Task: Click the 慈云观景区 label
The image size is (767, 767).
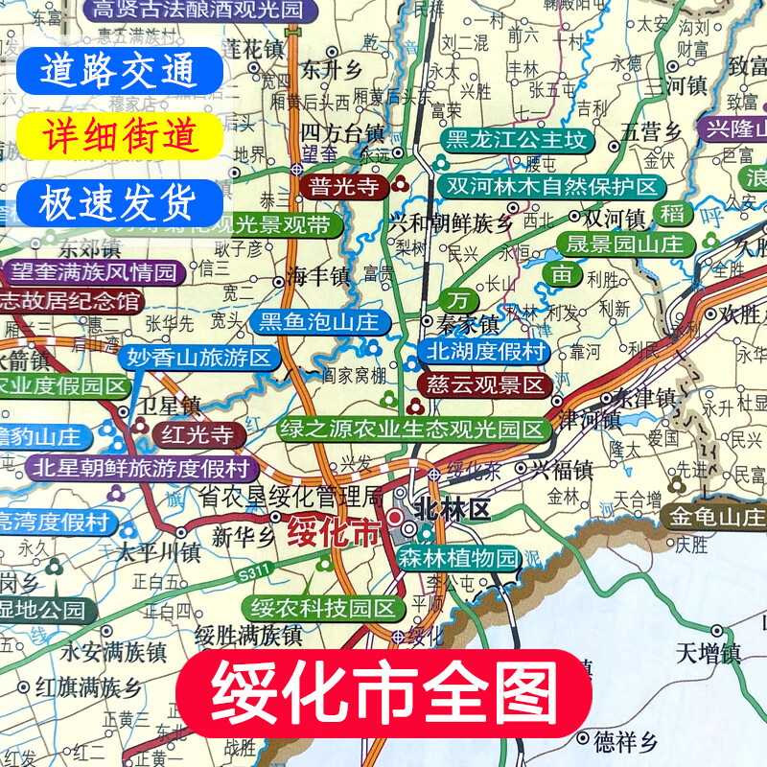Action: click(482, 385)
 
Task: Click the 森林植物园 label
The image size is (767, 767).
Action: click(458, 559)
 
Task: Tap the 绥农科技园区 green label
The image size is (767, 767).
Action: click(322, 607)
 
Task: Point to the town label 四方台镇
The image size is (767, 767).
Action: click(341, 129)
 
